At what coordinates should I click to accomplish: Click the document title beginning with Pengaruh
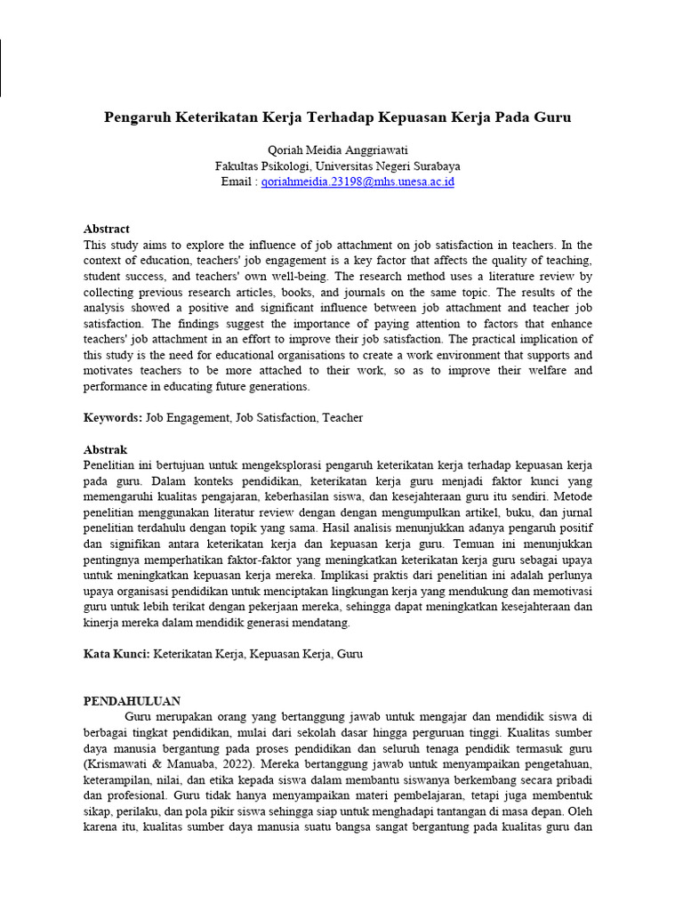337,117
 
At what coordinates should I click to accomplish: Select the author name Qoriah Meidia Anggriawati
337,150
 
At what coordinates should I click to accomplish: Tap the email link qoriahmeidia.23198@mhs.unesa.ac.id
358,181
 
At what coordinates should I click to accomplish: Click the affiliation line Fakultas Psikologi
337,165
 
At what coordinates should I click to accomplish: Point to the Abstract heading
107,229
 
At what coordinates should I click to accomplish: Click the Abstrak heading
106,450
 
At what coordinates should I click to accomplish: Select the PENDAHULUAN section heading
133,701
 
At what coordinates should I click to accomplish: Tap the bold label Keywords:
113,417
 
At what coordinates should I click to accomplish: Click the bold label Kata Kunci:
117,654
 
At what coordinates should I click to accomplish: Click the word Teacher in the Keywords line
342,417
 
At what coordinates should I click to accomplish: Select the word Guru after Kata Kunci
350,654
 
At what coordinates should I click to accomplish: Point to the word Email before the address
237,181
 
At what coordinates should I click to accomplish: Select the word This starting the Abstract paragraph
96,245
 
